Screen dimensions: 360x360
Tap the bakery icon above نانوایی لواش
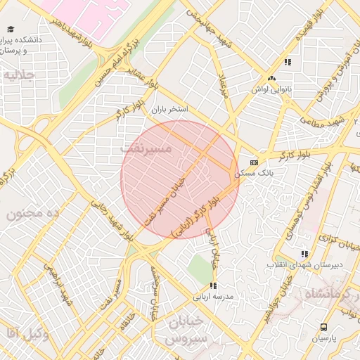272,78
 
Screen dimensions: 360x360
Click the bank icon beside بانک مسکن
254,162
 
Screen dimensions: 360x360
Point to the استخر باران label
169,110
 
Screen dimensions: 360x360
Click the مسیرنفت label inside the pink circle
146,149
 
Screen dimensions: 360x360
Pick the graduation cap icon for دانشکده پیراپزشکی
11,29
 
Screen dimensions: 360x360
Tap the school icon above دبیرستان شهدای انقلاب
304,254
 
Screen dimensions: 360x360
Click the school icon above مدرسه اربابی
213,285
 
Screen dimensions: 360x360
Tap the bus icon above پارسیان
323,327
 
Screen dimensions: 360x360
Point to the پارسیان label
323,338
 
